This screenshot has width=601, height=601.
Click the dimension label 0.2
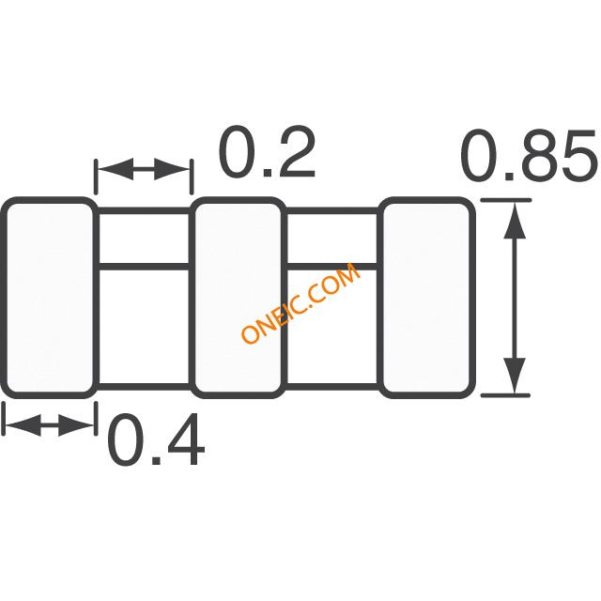click(267, 152)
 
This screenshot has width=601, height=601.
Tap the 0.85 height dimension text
click(529, 155)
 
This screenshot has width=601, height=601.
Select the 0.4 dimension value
click(156, 439)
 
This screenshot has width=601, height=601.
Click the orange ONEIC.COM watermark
click(300, 302)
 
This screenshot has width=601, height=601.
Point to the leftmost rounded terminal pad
click(49, 298)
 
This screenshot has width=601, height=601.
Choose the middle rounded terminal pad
click(239, 298)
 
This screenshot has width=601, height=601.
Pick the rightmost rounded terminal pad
click(427, 298)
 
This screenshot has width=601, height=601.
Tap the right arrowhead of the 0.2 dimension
click(171, 169)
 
